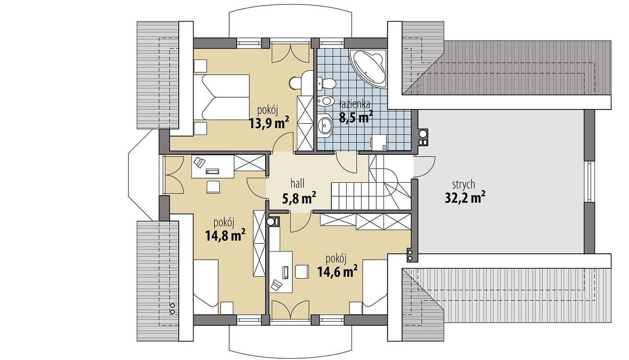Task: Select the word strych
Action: (x=464, y=185)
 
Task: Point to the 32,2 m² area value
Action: (x=465, y=198)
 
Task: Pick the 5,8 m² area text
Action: (x=299, y=198)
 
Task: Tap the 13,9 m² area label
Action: (x=269, y=122)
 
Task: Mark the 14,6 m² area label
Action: (x=337, y=271)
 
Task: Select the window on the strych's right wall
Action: (x=590, y=181)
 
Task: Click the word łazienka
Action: (x=354, y=104)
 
